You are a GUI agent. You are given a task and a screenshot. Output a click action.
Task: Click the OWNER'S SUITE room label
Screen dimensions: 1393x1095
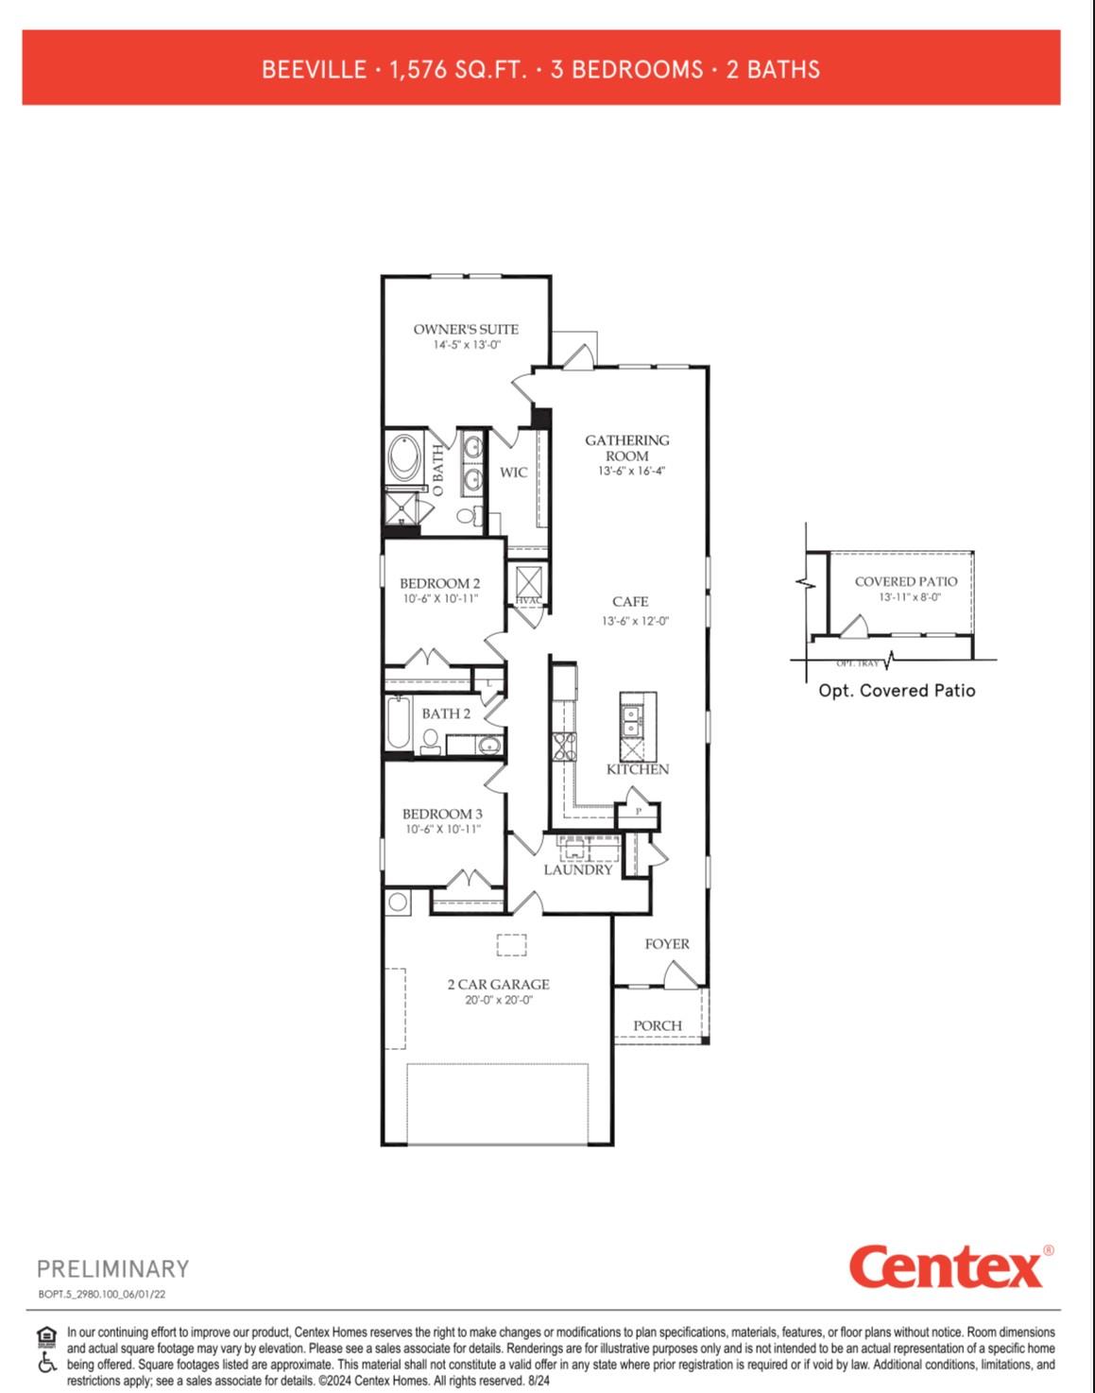click(x=466, y=329)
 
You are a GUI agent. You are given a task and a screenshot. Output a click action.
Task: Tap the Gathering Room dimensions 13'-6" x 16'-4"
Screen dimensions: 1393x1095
click(x=631, y=471)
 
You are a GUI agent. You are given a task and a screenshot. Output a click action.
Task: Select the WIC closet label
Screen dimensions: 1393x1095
click(x=513, y=473)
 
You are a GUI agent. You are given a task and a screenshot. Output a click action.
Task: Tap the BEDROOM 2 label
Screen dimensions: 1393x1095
click(x=439, y=583)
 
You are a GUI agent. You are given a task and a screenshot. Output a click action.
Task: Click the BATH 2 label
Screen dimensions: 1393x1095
click(x=445, y=714)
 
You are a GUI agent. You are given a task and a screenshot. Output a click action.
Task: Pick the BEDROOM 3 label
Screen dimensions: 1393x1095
click(x=442, y=814)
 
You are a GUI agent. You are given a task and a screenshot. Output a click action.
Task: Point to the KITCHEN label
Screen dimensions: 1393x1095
click(x=638, y=769)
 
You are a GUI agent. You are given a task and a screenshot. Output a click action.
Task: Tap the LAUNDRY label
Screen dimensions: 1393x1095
click(x=578, y=869)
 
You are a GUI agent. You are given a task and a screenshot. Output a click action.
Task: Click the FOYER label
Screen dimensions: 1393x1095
click(x=667, y=943)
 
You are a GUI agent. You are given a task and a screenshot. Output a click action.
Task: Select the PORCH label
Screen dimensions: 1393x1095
click(x=658, y=1025)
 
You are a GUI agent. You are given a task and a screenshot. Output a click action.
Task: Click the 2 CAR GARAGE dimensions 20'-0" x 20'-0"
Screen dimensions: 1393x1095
click(x=498, y=1000)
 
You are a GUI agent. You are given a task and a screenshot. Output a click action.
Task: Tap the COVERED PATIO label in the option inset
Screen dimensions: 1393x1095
click(x=905, y=581)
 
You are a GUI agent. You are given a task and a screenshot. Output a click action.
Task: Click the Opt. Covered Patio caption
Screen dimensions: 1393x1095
click(x=897, y=691)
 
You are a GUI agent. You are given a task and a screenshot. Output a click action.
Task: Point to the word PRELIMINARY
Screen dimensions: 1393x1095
click(x=113, y=1268)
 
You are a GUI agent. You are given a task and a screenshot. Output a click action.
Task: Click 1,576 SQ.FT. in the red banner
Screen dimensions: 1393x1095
click(x=458, y=69)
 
